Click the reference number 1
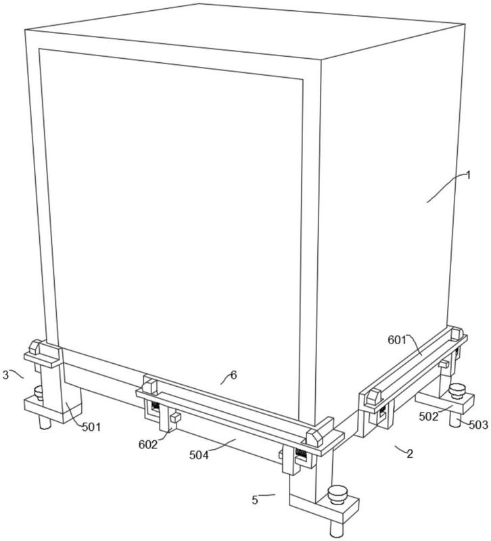point(468,176)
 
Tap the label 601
point(397,340)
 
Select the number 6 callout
point(233,375)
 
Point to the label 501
point(91,427)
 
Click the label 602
point(147,445)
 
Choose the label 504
point(199,455)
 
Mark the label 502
point(429,417)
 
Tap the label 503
point(479,425)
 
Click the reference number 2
point(410,454)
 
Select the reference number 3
point(5,375)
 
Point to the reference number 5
point(255,500)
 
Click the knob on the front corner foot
point(337,494)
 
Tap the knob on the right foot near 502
point(458,392)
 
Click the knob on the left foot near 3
point(38,393)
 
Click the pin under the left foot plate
point(44,422)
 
